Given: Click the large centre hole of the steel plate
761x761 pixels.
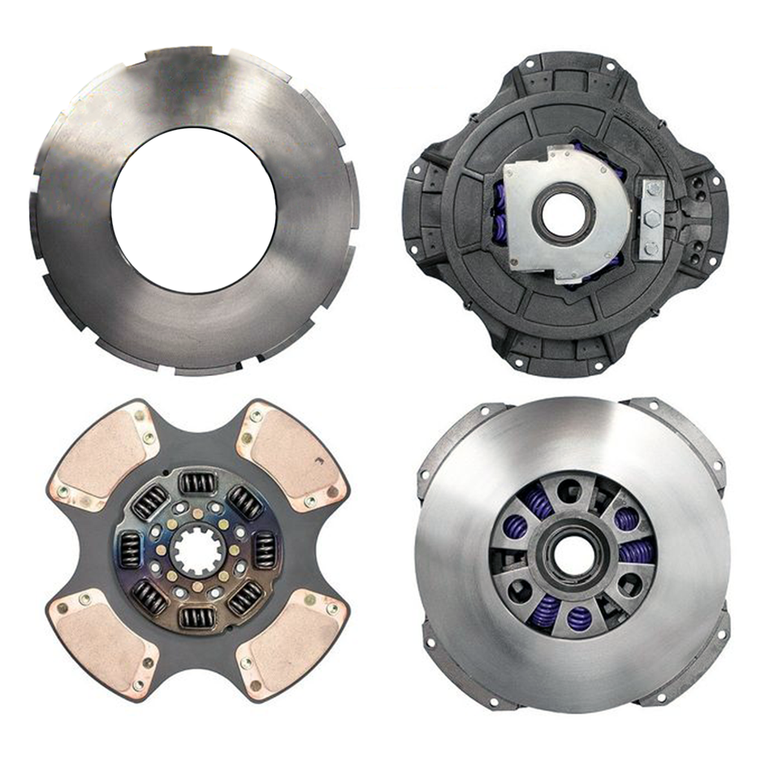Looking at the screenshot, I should (x=194, y=210).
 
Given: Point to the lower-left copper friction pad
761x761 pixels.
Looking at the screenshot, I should (x=100, y=642).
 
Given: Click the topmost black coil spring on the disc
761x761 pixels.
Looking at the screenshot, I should (x=198, y=483).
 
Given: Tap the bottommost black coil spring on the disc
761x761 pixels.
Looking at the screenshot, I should (x=197, y=618).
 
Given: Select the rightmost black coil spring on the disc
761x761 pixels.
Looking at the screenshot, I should (x=265, y=551).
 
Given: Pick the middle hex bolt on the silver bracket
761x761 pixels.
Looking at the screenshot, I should (x=652, y=219).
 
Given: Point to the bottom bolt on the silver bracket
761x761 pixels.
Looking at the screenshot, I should (x=652, y=248).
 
